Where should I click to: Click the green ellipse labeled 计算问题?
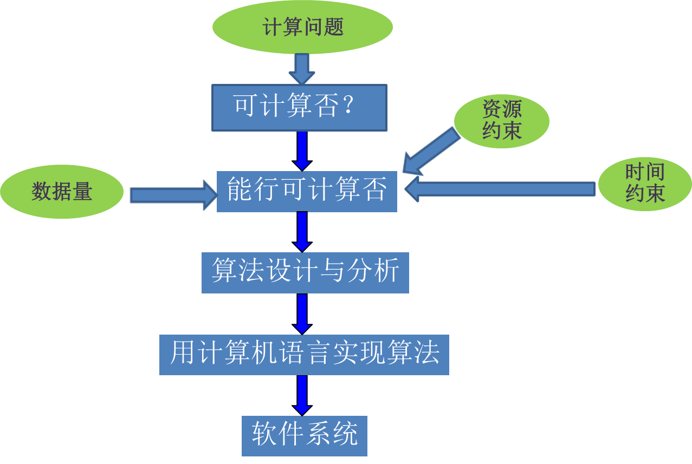[302, 27]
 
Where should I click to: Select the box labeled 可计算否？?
[299, 107]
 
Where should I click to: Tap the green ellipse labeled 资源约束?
[501, 120]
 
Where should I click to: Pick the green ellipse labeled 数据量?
[62, 192]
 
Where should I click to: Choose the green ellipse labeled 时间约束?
[644, 184]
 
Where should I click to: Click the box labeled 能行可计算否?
[307, 191]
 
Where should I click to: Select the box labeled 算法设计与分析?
[305, 272]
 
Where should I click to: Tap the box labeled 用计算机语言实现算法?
[304, 355]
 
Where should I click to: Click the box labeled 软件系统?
[305, 435]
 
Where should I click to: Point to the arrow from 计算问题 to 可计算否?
[302, 68]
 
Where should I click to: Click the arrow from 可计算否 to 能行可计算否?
[302, 150]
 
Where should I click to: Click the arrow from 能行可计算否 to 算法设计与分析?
[302, 231]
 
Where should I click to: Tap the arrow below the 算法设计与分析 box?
[302, 313]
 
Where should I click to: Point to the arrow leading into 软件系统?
[302, 395]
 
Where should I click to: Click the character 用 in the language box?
[183, 353]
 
